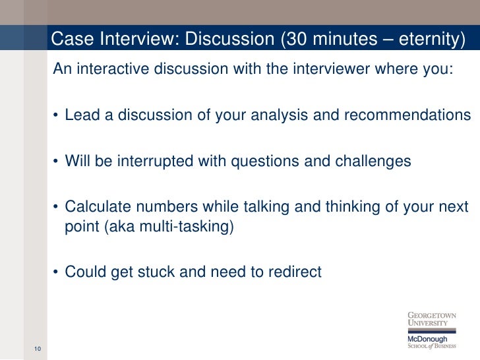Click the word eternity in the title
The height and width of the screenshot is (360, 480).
pos(428,40)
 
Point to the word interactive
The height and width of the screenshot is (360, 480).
pos(109,70)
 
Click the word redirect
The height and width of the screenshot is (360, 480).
pos(296,271)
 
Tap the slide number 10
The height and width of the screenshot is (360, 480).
pos(36,349)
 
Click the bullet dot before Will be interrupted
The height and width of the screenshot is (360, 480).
pos(57,162)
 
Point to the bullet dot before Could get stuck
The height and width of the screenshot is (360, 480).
pos(57,272)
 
